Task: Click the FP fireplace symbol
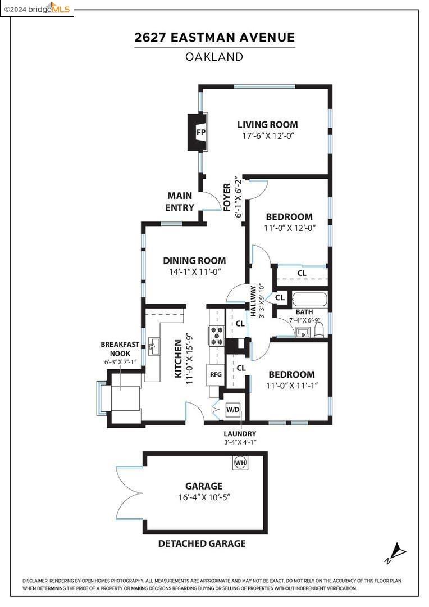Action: [x=198, y=132]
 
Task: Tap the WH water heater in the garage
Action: [x=240, y=462]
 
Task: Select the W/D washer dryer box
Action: [x=233, y=410]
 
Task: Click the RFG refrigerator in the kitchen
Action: [x=216, y=374]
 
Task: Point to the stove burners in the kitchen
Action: [x=216, y=335]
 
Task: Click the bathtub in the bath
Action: [x=310, y=299]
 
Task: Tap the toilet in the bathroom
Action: [x=319, y=330]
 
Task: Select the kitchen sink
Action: [x=154, y=346]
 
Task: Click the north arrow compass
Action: [x=396, y=553]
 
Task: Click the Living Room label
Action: [x=268, y=125]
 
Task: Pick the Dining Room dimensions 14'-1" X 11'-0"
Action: [x=195, y=272]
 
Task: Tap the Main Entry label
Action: [x=180, y=201]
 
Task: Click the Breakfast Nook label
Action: [x=120, y=349]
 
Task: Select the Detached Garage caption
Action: [x=202, y=543]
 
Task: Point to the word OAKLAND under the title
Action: [x=214, y=57]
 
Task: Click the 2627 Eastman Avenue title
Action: [x=214, y=37]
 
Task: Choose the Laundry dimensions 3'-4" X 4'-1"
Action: [x=240, y=442]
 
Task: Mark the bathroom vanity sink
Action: [x=303, y=332]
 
